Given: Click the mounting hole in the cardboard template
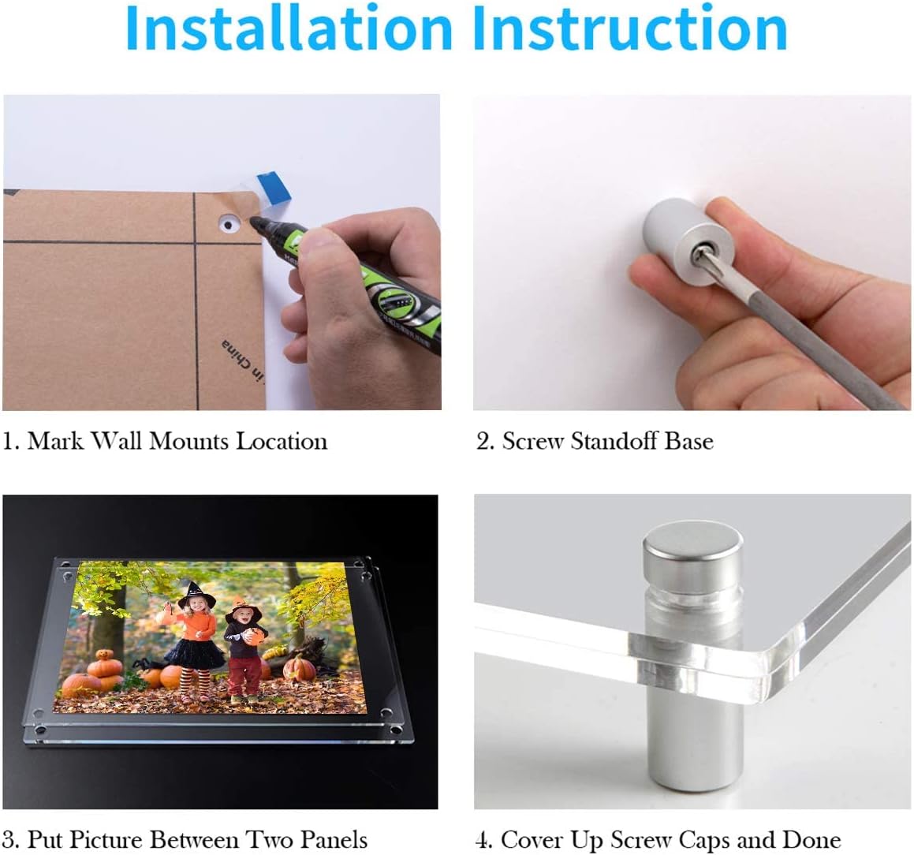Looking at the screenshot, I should [229, 225].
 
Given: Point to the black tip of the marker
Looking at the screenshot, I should [259, 226].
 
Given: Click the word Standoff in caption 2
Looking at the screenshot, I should [615, 441].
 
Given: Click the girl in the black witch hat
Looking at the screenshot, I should [195, 639].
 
